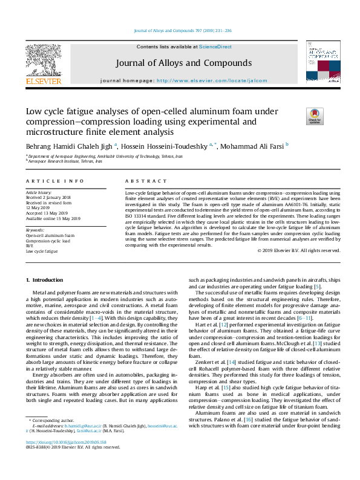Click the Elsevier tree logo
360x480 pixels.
43,61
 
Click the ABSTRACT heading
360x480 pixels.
146,181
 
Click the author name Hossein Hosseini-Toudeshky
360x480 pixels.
165,146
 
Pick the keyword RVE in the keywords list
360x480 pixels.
29,246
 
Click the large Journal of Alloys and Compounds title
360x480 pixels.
180,63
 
